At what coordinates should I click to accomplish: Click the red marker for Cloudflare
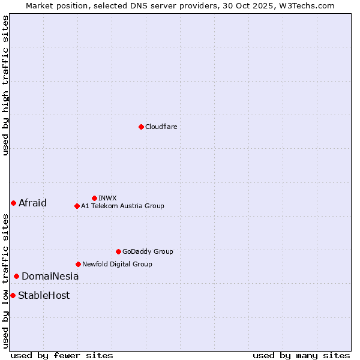coord(141,127)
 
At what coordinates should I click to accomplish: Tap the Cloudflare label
coord(161,127)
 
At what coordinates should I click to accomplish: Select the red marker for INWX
coord(94,198)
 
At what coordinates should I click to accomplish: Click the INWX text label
coord(107,198)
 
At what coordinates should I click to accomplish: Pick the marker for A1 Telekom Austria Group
coord(77,206)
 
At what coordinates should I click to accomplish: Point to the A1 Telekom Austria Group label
coord(122,206)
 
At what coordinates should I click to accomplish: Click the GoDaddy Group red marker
coord(118,251)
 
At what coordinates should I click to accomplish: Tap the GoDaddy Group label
coord(148,251)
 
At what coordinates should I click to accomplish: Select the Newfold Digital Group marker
coord(78,264)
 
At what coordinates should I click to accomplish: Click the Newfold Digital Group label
coord(117,264)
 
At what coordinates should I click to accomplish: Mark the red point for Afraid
coord(13,203)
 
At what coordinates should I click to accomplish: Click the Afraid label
coord(32,203)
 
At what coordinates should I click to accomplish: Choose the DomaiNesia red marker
coord(16,276)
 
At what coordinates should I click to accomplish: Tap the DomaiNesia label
coord(50,276)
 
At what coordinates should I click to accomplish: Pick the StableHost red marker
coord(13,295)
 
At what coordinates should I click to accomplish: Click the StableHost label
coord(44,295)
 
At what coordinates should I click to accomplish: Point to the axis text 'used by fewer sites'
coord(62,355)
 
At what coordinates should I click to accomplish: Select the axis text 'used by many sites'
coord(301,355)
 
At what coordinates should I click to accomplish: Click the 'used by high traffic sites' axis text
coord(6,85)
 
